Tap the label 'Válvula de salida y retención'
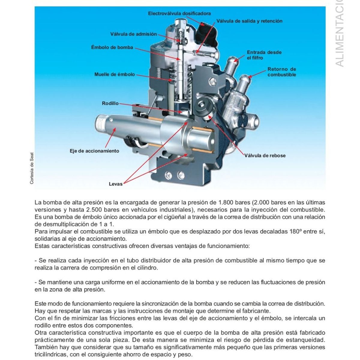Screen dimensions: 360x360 [x=249, y=21]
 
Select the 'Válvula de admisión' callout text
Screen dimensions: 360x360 [x=133, y=34]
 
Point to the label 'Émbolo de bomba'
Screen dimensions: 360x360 [x=112, y=47]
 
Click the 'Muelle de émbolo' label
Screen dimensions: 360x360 [x=115, y=74]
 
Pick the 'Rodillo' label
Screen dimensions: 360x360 [x=110, y=103]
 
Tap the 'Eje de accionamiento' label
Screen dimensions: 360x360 [x=94, y=151]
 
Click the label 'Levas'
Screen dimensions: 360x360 [x=115, y=184]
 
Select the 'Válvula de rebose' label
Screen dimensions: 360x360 [x=265, y=155]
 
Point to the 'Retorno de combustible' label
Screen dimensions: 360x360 [x=281, y=72]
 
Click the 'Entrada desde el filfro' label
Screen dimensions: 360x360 [x=264, y=55]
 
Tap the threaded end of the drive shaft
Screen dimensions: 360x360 [x=103, y=123]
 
